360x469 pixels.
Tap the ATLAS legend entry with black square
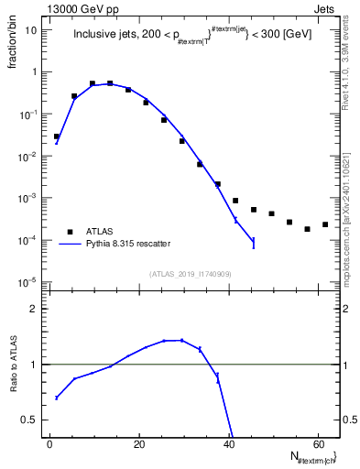(x=97, y=231)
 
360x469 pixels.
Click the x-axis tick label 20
(x=137, y=444)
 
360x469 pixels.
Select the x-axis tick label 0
(x=49, y=444)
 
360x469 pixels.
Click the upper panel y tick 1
(x=36, y=71)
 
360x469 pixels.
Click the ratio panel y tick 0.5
(x=33, y=420)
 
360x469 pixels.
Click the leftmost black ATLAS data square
(x=57, y=136)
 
